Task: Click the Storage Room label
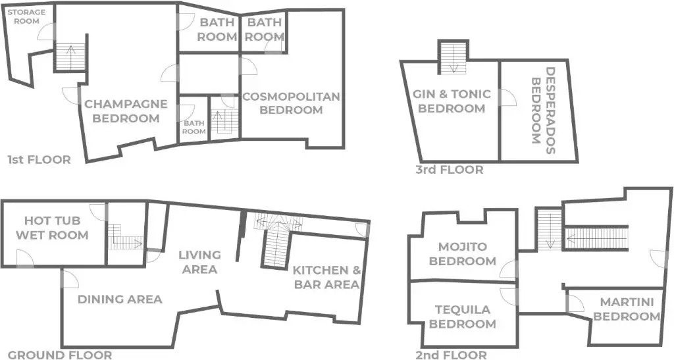[x=26, y=16]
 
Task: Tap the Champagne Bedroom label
[x=126, y=111]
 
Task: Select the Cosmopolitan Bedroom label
[x=291, y=103]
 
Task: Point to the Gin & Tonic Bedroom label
[x=452, y=101]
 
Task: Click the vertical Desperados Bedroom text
[x=543, y=111]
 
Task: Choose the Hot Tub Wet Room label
[x=52, y=228]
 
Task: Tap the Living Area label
[x=199, y=262]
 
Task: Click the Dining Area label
[x=120, y=299]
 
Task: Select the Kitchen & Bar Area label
[x=326, y=277]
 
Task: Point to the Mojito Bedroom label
[x=463, y=254]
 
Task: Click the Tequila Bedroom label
[x=463, y=317]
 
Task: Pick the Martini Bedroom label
[x=627, y=309]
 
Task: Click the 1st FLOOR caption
[x=39, y=160]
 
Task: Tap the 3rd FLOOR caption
[x=449, y=170]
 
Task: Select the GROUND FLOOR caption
[x=60, y=355]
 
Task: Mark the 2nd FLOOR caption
[x=452, y=355]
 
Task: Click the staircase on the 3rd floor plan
[x=453, y=57]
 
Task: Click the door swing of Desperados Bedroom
[x=508, y=97]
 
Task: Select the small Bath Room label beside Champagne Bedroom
[x=194, y=127]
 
